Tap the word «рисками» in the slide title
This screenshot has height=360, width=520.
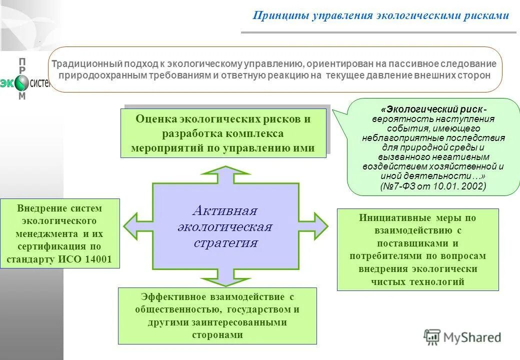(x=487, y=15)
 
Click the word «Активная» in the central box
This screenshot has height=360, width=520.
(x=225, y=209)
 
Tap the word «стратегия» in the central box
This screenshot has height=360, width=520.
(x=225, y=243)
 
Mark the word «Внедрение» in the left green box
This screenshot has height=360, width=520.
(x=38, y=208)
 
